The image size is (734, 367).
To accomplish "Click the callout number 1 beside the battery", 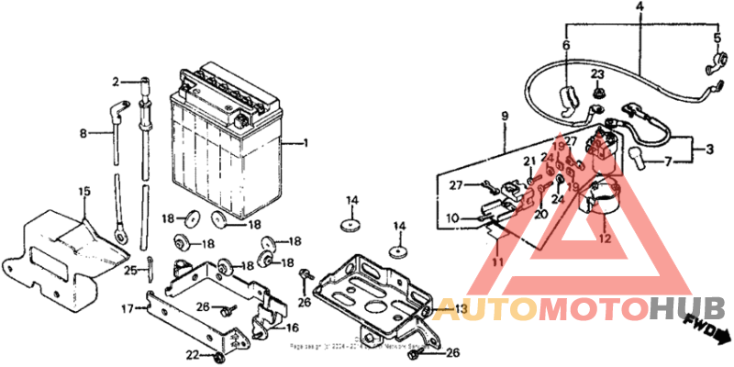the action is [306, 143].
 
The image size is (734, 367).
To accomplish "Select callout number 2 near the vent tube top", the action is [117, 82].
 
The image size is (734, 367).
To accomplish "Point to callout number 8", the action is [83, 133].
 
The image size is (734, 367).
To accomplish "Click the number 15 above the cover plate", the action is [84, 191].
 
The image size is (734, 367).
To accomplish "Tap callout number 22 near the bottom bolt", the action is [192, 355].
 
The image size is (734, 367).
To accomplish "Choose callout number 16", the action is [292, 328].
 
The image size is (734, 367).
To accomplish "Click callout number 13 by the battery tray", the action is [461, 307].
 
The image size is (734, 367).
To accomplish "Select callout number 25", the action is [130, 270].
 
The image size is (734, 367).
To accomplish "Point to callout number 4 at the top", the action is [639, 6].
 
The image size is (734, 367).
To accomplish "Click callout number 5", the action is [717, 38].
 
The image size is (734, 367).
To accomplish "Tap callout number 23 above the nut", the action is [597, 73].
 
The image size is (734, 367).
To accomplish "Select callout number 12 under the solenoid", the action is [604, 239].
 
